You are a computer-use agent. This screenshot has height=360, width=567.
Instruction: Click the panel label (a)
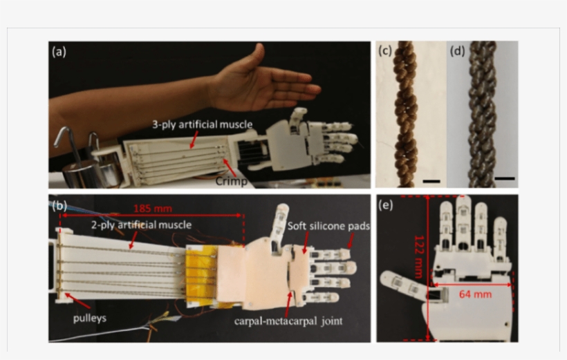[59, 51]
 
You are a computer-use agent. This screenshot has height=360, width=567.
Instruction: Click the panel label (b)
[59, 205]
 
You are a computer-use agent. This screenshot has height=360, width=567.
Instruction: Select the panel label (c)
[385, 50]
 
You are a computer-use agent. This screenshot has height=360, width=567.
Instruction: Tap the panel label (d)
[458, 50]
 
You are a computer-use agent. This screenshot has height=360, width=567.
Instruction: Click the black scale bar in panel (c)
[430, 181]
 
